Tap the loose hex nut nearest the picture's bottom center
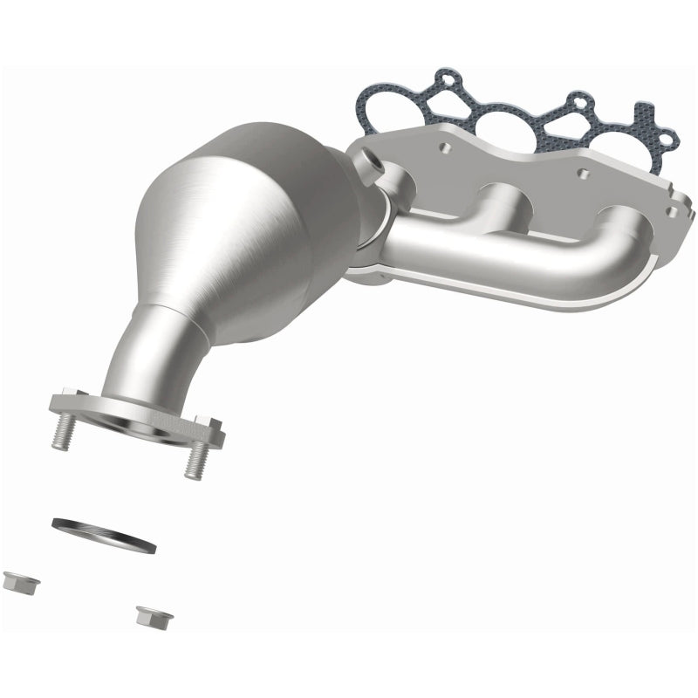pos(154,615)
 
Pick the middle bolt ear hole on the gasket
pos(577,100)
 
